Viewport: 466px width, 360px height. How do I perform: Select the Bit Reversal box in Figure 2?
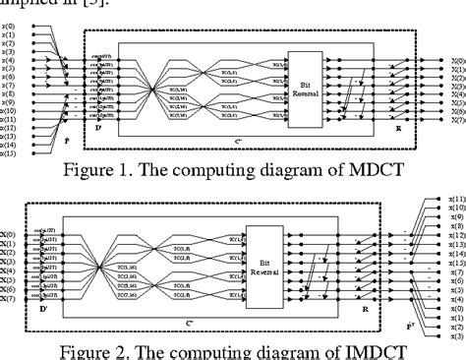[260, 261]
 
